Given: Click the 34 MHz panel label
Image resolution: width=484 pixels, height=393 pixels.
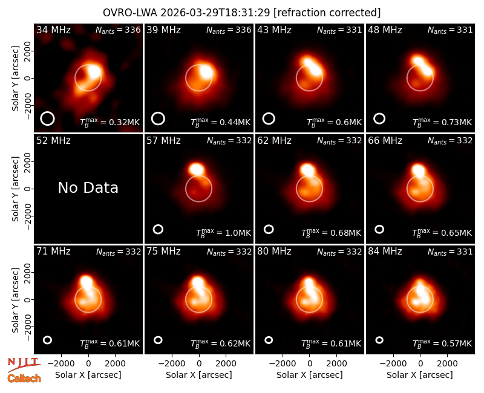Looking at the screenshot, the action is (x=53, y=30).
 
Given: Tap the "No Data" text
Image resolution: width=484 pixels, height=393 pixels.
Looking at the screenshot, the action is (x=88, y=187).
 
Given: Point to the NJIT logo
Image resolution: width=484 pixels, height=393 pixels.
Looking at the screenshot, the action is (x=24, y=365).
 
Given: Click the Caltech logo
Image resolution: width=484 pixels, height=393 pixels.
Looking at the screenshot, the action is (x=24, y=378).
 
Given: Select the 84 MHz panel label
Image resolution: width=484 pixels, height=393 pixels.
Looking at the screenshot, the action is (x=385, y=252).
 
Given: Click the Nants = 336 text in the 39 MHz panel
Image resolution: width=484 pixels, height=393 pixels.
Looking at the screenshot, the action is (x=229, y=30).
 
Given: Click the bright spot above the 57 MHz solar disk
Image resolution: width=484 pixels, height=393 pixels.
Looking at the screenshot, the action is (x=197, y=169).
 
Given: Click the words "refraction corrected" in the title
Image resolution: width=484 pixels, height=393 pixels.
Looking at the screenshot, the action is (x=327, y=13).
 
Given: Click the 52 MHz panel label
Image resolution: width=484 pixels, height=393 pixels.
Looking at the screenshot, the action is (x=53, y=141).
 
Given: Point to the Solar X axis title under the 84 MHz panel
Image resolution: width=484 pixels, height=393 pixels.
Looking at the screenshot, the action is (x=420, y=375).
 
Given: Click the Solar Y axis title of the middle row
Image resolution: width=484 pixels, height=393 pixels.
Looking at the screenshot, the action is (x=15, y=189).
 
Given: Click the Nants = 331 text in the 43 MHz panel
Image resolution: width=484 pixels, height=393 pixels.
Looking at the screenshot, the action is (x=339, y=30).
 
